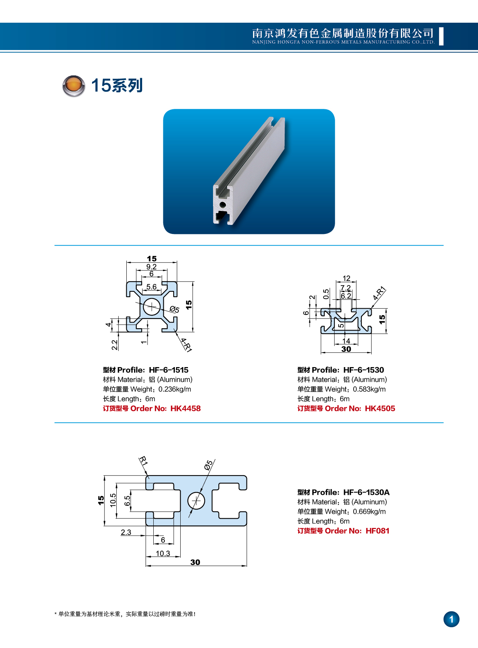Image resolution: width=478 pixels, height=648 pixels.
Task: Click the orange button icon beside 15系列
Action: pos(74,85)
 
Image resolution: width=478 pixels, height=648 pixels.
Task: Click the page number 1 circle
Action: pos(451,619)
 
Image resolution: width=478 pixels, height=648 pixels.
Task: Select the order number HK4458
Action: pos(185,408)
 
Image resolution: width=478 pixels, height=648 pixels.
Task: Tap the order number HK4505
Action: pos(380,408)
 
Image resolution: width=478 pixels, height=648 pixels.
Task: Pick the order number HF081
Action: pos(377,531)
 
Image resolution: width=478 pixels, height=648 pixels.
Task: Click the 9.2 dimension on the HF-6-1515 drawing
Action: pos(151,267)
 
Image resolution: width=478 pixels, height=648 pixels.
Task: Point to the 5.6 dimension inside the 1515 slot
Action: pos(151,287)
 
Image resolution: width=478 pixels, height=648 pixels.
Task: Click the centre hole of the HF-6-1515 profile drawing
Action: pos(152,307)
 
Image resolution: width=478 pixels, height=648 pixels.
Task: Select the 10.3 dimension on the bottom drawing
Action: pos(163,553)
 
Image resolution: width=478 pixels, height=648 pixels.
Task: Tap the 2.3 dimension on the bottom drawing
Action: pos(126,532)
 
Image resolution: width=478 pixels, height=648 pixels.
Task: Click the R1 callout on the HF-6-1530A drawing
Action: pos(143,461)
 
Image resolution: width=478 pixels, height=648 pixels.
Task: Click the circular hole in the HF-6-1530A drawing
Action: pos(196,501)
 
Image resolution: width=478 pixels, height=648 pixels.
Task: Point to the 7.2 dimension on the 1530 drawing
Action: pos(346,288)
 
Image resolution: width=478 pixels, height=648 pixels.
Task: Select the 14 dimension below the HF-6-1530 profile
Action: pos(346,341)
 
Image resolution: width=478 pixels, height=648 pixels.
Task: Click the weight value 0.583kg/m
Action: pos(369,389)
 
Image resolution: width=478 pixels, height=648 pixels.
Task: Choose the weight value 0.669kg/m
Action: pos(369,511)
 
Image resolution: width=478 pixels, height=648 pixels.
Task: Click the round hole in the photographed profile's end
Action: pos(222,204)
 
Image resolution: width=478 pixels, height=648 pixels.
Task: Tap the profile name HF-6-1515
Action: pos(169,370)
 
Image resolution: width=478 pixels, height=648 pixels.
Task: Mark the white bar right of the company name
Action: pos(441,37)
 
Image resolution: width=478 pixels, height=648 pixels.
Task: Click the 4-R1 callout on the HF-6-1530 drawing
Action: pos(379,293)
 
